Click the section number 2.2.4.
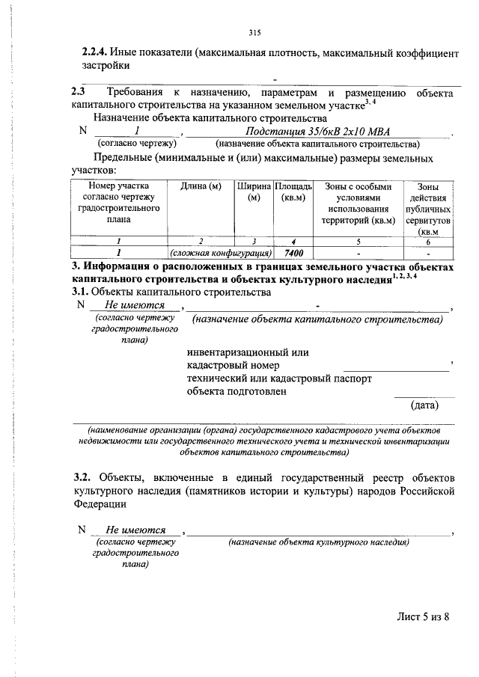(94, 53)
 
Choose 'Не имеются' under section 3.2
(135, 530)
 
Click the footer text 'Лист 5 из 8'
(424, 617)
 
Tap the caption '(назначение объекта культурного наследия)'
(319, 542)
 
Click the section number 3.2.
(82, 477)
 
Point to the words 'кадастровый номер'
(234, 365)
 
